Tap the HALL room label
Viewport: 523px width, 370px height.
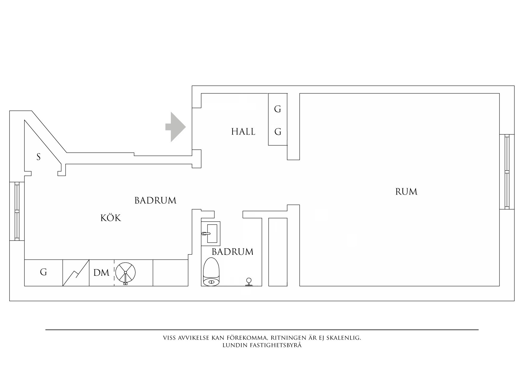243,132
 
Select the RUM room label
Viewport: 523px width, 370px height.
406,192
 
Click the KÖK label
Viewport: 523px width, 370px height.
111,218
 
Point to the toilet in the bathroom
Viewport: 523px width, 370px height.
211,271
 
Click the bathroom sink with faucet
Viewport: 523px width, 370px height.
211,233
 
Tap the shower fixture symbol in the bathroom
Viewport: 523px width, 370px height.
248,282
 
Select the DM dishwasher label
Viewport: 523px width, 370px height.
101,272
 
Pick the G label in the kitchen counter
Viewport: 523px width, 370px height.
44,272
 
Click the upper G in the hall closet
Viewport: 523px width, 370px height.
278,109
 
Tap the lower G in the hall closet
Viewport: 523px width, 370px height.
278,132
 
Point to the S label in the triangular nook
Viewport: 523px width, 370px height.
38,157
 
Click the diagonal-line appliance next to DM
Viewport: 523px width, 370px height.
76,273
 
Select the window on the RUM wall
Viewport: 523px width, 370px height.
507,172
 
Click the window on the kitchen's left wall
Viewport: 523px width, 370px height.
17,211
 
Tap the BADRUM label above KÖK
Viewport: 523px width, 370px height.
155,201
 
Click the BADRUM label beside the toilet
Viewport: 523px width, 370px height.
232,252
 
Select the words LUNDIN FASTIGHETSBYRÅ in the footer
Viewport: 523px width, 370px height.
262,345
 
